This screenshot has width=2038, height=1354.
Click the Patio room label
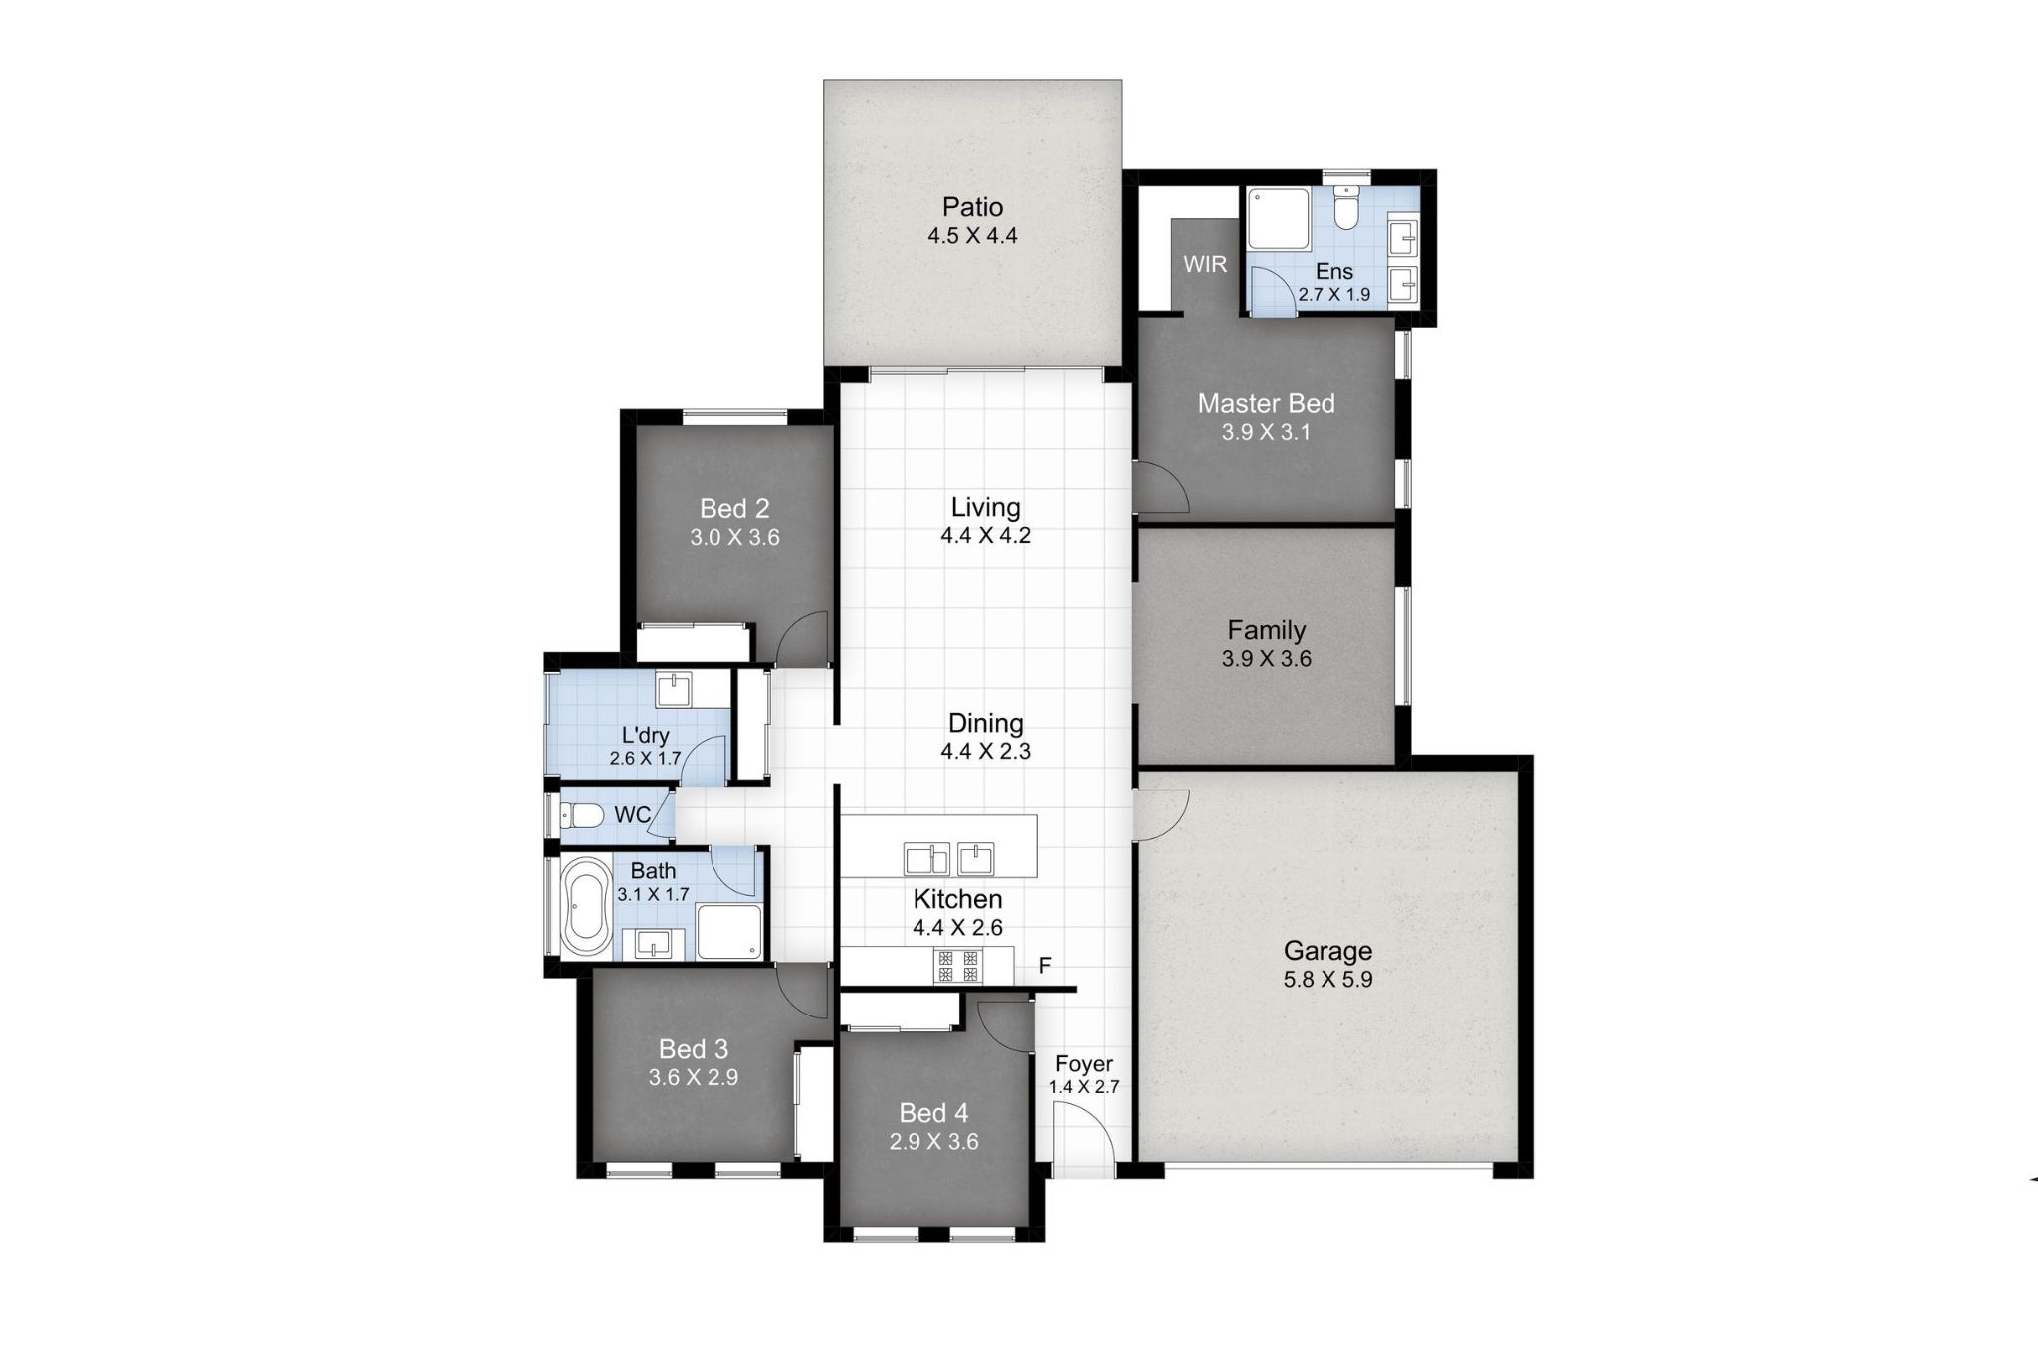(972, 207)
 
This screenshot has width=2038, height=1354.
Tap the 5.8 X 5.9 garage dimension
(1327, 980)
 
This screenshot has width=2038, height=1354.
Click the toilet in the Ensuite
(1345, 212)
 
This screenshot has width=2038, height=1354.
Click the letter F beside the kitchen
(1045, 966)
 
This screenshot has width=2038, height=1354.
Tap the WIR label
(1205, 265)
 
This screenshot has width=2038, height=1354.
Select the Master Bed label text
(1266, 403)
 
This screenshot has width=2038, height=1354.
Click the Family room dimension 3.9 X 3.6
(1266, 659)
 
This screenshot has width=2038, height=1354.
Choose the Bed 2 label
(734, 509)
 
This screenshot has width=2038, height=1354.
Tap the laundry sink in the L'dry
(675, 688)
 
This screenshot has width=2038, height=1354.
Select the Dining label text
(985, 723)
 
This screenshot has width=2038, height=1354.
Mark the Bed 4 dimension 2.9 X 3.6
(933, 1142)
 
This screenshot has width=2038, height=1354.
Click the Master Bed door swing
(1162, 490)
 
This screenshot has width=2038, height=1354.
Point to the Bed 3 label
(694, 1049)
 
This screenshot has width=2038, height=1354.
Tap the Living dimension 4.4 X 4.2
(985, 536)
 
